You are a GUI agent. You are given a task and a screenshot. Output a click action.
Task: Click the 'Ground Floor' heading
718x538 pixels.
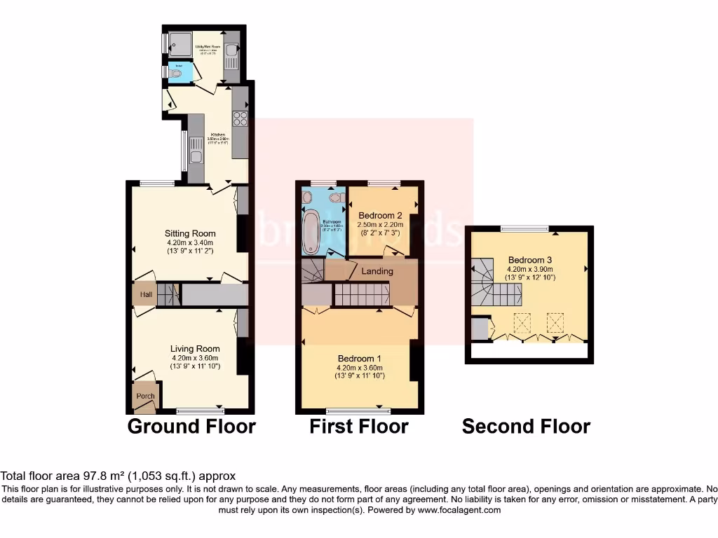pyautogui.click(x=191, y=426)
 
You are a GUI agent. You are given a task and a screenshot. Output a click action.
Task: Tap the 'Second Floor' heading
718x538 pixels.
pyautogui.click(x=526, y=426)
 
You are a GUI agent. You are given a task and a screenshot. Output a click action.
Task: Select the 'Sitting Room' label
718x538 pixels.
pyautogui.click(x=190, y=233)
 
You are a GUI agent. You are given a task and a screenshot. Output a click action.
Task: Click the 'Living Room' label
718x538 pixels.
pyautogui.click(x=195, y=348)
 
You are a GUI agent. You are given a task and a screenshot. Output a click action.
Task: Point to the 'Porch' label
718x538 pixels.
pyautogui.click(x=145, y=396)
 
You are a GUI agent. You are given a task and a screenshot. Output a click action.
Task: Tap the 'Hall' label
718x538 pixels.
pyautogui.click(x=146, y=295)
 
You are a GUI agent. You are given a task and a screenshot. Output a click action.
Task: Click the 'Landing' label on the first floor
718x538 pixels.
pyautogui.click(x=377, y=270)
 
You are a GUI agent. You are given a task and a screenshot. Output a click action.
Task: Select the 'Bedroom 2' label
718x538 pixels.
pyautogui.click(x=380, y=214)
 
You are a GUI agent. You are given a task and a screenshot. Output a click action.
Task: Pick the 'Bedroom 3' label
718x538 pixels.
pyautogui.click(x=530, y=258)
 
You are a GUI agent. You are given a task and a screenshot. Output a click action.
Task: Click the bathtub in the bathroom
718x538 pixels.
pyautogui.click(x=310, y=232)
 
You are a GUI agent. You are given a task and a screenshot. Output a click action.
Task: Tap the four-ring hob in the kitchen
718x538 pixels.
pyautogui.click(x=241, y=118)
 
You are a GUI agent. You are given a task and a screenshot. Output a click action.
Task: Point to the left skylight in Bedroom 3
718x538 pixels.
pyautogui.click(x=522, y=323)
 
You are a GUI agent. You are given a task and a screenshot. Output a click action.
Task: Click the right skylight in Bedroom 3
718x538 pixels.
pyautogui.click(x=555, y=323)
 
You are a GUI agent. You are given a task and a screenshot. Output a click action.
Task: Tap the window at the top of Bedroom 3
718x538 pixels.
pyautogui.click(x=525, y=228)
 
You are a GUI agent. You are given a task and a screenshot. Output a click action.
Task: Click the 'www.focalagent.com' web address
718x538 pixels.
pyautogui.click(x=459, y=510)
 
